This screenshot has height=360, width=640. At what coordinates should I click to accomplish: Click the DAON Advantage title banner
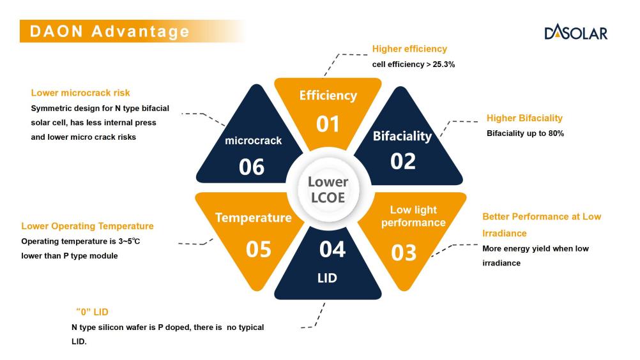pyautogui.click(x=133, y=31)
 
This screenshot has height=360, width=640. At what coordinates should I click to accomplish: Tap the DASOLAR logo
pyautogui.click(x=576, y=32)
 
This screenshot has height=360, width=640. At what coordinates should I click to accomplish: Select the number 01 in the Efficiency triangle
pyautogui.click(x=328, y=124)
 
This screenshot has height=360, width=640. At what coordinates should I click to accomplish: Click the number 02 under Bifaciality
pyautogui.click(x=403, y=161)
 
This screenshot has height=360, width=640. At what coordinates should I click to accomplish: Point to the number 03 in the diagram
pyautogui.click(x=404, y=253)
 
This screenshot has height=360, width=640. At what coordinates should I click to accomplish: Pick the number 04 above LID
pyautogui.click(x=332, y=249)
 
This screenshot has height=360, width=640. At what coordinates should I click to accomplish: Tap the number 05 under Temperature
pyautogui.click(x=259, y=249)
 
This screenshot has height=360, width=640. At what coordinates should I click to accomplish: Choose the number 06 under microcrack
pyautogui.click(x=252, y=167)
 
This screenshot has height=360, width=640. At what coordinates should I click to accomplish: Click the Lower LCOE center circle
pyautogui.click(x=328, y=190)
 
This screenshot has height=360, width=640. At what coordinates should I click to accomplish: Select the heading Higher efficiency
pyautogui.click(x=409, y=49)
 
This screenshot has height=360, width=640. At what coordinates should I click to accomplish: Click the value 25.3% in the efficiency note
pyautogui.click(x=444, y=64)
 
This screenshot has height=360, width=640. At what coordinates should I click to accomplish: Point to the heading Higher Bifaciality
pyautogui.click(x=524, y=118)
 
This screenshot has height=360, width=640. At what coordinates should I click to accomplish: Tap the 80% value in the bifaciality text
pyautogui.click(x=556, y=133)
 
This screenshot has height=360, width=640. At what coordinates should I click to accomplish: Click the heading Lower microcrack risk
pyautogui.click(x=80, y=93)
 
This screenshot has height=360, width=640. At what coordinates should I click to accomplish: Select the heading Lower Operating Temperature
pyautogui.click(x=88, y=226)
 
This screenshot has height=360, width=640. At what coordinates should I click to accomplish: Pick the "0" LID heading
pyautogui.click(x=92, y=312)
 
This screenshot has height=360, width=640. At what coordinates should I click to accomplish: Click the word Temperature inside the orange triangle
pyautogui.click(x=254, y=218)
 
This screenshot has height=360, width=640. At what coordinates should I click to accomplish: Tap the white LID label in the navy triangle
pyautogui.click(x=328, y=278)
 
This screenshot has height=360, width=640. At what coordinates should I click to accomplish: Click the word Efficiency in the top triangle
pyautogui.click(x=328, y=95)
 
